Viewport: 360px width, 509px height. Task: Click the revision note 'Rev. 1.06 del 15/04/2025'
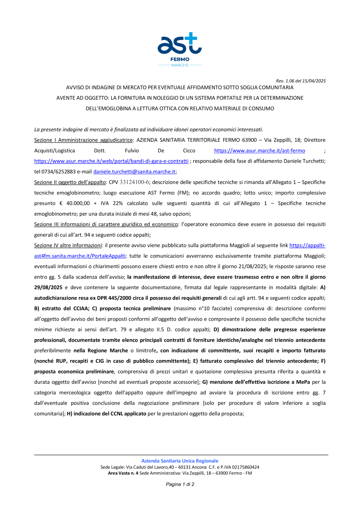point(301,81)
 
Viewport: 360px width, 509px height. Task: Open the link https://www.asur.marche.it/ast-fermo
point(260,150)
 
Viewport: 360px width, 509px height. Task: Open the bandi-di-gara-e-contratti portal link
point(111,161)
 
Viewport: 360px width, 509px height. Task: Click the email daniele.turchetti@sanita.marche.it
point(134,172)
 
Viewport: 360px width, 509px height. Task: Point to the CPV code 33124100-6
point(134,182)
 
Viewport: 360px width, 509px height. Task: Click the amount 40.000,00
point(78,203)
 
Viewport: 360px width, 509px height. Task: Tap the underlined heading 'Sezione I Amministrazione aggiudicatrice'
point(84,140)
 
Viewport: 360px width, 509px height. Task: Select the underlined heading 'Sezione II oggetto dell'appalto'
point(70,182)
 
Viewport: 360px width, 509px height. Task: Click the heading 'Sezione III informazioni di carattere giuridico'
point(106,224)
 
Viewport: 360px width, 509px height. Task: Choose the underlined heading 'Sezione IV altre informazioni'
point(68,246)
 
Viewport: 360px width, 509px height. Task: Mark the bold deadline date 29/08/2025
point(48,288)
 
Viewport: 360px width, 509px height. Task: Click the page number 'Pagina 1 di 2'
point(180,484)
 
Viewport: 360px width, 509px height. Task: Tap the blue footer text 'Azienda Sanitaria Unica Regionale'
point(180,461)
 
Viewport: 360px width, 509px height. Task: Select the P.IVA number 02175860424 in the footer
point(246,467)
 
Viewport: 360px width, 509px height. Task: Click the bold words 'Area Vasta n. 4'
point(123,473)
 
